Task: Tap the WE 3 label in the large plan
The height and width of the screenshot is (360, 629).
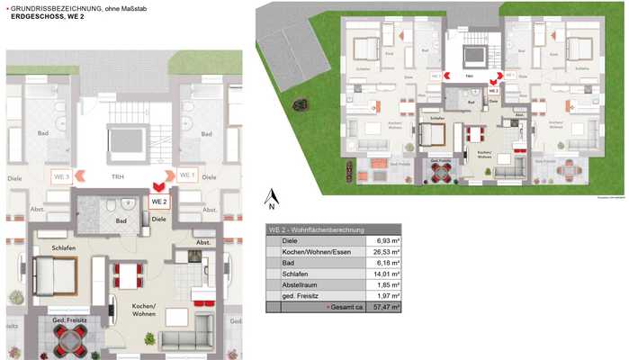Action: coord(61,175)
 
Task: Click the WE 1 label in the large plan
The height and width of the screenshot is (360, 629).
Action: coord(187,175)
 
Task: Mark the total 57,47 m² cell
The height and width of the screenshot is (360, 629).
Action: coord(383,308)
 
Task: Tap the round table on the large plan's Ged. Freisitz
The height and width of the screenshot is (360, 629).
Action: coord(68,339)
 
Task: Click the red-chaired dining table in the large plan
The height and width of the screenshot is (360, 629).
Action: coord(128,274)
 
